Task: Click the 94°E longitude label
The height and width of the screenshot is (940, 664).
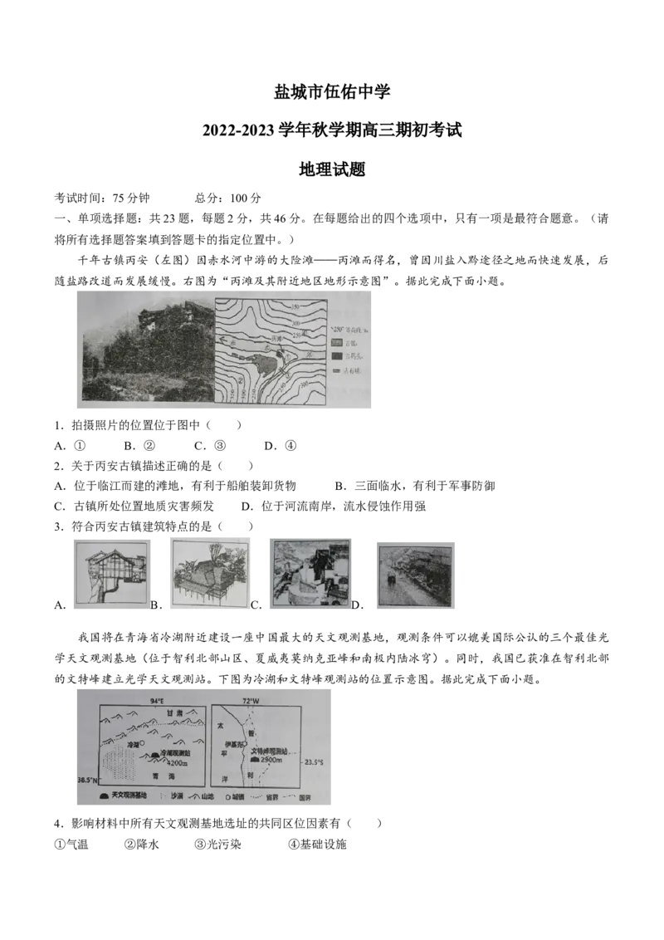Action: tap(158, 701)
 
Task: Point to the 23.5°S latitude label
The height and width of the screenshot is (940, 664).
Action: tap(313, 762)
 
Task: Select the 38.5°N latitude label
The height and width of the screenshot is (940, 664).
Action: tap(85, 781)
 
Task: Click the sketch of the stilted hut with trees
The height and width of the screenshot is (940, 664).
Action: tap(207, 574)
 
